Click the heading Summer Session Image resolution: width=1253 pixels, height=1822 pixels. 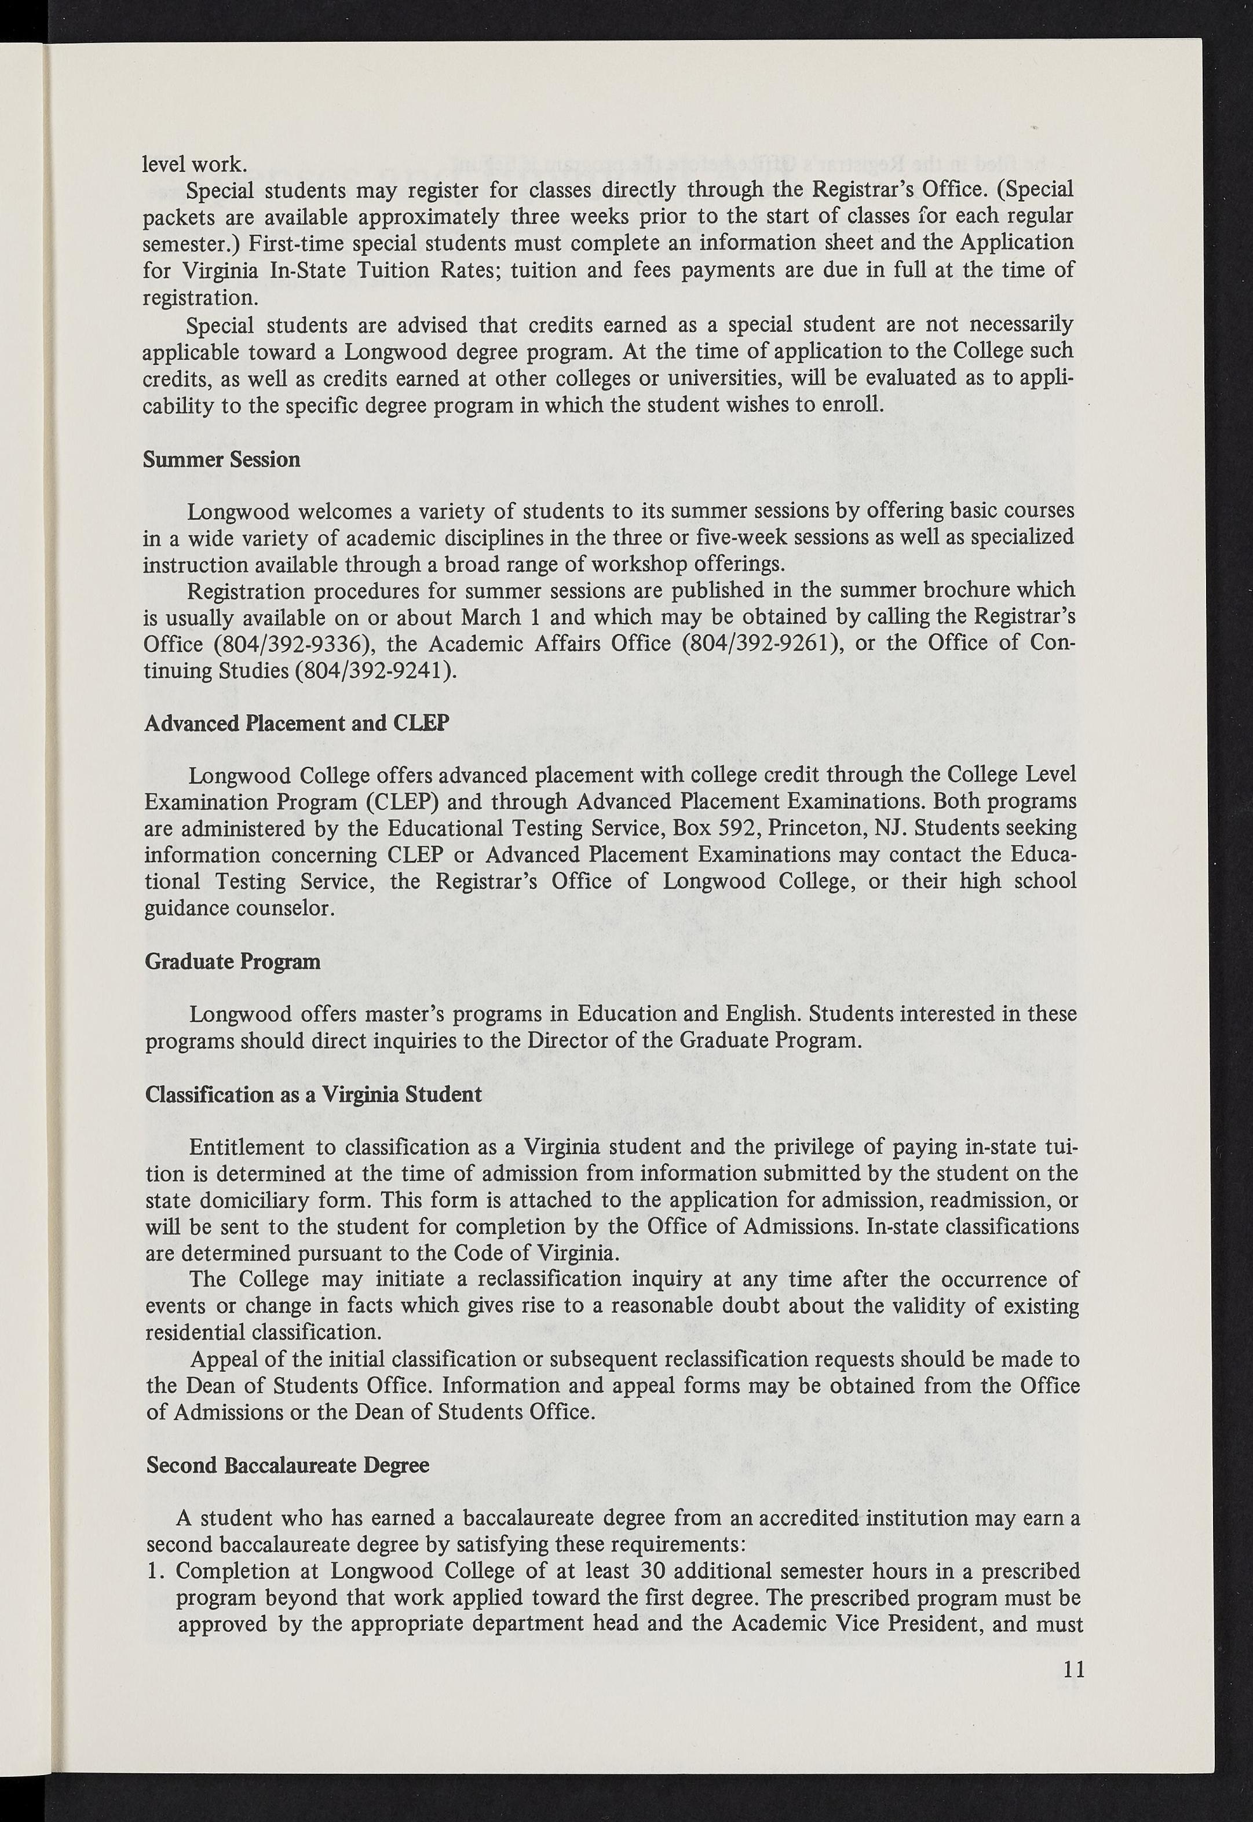pos(221,459)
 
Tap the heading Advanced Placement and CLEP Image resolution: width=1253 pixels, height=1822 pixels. pos(297,722)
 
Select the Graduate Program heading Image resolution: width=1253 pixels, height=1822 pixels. pos(232,961)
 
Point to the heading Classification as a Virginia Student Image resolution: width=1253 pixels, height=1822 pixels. pos(313,1094)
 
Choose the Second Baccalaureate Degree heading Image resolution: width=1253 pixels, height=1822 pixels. pos(287,1465)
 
